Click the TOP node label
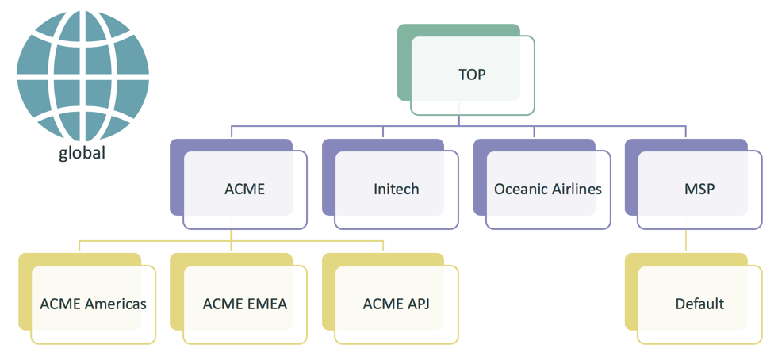pos(472,75)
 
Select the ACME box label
pos(244,190)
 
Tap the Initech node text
pos(396,190)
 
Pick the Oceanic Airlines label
pos(547,190)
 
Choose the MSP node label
pos(699,190)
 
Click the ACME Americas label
pos(93,304)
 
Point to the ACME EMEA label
pos(244,304)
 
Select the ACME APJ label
pos(396,304)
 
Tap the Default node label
pos(699,304)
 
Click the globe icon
pos(83,76)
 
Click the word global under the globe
pos(82,153)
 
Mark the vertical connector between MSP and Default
pos(686,241)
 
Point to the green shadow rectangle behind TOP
pos(404,63)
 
